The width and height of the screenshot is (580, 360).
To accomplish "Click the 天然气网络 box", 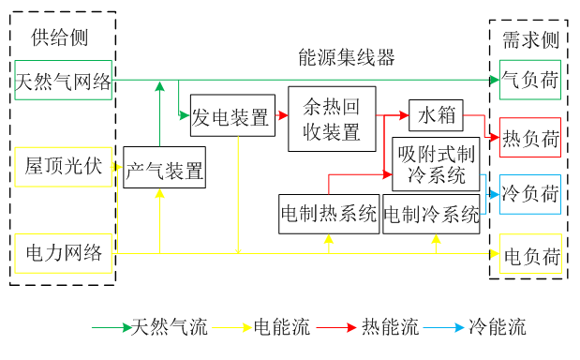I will pyautogui.click(x=63, y=82).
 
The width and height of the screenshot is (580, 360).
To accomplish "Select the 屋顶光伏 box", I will pyautogui.click(x=63, y=167).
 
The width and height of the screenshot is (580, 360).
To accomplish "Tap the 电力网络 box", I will pyautogui.click(x=63, y=252).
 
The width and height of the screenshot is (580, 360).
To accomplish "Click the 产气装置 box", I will pyautogui.click(x=164, y=170).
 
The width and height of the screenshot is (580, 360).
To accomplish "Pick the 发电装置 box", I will pyautogui.click(x=231, y=116).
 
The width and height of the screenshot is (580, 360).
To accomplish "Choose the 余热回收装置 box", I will pyautogui.click(x=332, y=118).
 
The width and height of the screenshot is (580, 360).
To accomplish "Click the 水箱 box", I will pyautogui.click(x=437, y=115).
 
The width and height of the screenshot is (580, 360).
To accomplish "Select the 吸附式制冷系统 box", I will pyautogui.click(x=436, y=162).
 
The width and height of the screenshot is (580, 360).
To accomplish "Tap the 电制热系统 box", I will pyautogui.click(x=328, y=213).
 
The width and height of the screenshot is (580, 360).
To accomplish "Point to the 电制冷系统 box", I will pyautogui.click(x=431, y=213).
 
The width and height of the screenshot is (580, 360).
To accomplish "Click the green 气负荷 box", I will pyautogui.click(x=530, y=82).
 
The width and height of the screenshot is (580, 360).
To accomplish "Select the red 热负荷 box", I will pyautogui.click(x=530, y=138).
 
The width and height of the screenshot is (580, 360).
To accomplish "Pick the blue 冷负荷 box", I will pyautogui.click(x=530, y=194).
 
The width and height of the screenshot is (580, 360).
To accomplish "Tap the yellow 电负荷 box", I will pyautogui.click(x=530, y=254).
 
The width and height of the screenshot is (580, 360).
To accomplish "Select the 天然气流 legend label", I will pyautogui.click(x=170, y=328).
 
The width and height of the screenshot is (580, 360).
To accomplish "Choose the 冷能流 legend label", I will pyautogui.click(x=497, y=328).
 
